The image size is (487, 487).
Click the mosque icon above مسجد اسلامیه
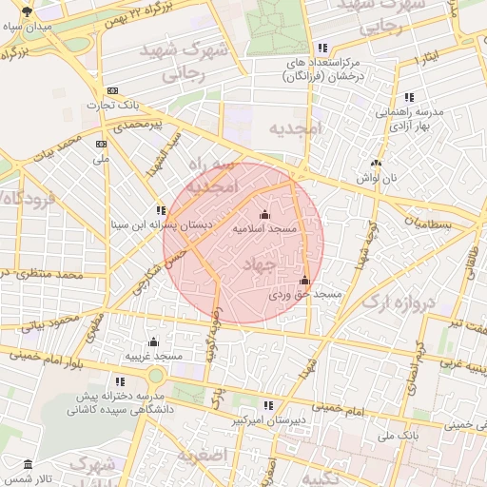(x=264, y=216)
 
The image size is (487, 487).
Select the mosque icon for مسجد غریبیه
(x=153, y=342)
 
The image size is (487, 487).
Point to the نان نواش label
(x=375, y=178)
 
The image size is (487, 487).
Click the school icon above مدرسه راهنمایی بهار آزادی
(x=409, y=97)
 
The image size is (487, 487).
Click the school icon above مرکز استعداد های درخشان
(x=323, y=48)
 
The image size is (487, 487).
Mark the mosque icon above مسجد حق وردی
(x=304, y=280)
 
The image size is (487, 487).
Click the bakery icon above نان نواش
(x=376, y=163)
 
